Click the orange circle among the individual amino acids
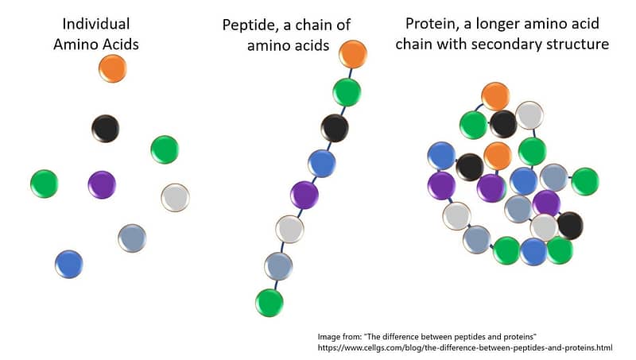point(113,68)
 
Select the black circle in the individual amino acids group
point(106,128)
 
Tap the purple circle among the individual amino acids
point(102,184)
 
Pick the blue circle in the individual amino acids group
point(69,264)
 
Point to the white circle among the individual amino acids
point(175,197)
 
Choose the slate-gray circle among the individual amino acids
point(132,238)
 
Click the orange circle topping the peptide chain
point(353,54)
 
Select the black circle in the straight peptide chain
point(335,128)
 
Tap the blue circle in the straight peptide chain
point(322,164)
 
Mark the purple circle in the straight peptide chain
point(304,195)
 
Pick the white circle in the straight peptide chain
point(289,229)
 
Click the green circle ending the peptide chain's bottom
point(270,303)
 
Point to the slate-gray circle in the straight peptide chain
point(278,266)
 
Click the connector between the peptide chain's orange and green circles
point(350,73)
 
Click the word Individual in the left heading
point(96,24)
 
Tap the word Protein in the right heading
point(431,24)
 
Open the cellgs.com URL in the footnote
point(465,348)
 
